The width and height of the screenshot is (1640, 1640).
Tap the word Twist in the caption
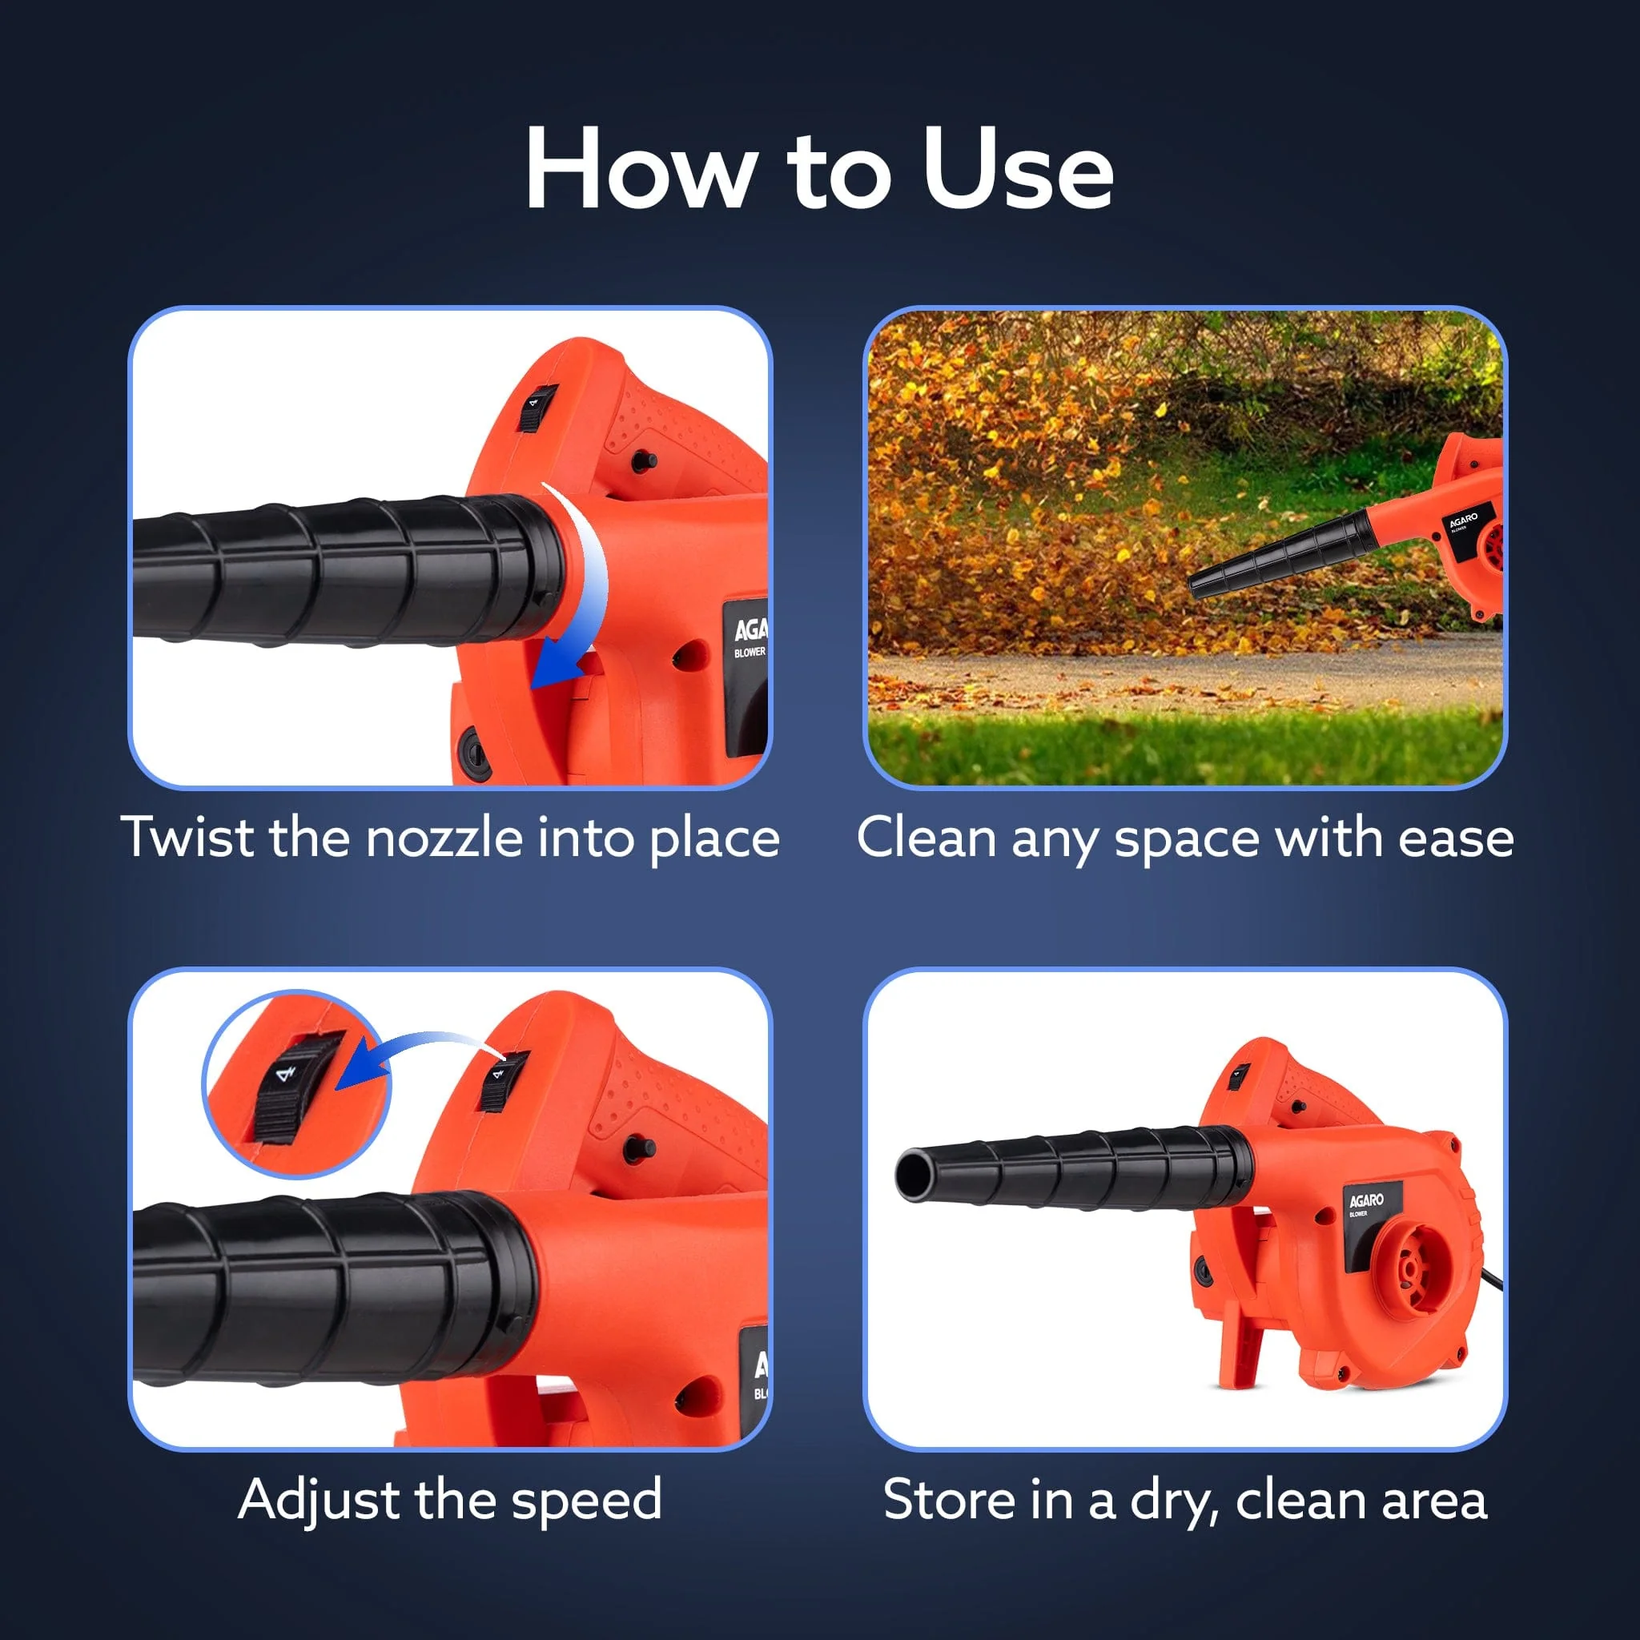[188, 837]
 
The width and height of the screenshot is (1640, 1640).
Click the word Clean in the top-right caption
[927, 838]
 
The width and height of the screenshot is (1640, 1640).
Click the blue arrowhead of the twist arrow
[557, 667]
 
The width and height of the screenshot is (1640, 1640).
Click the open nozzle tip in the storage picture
[913, 1176]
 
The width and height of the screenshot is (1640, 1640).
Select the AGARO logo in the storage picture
[1367, 1200]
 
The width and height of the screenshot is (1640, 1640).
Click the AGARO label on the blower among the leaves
[1462, 520]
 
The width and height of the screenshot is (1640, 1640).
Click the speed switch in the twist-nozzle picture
[537, 408]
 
